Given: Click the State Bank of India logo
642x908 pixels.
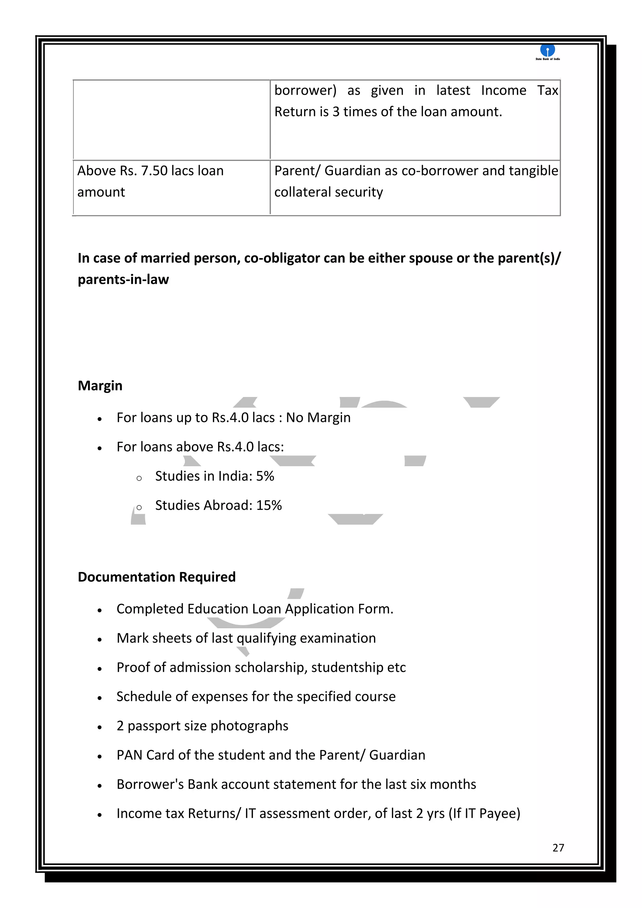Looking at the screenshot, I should pos(548,51).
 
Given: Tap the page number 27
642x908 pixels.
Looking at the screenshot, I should pos(558,847).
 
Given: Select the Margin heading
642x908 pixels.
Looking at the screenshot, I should pos(100,386).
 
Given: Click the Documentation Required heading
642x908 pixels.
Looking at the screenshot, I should pos(156,577).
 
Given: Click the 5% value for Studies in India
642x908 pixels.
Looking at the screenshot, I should pos(265,476).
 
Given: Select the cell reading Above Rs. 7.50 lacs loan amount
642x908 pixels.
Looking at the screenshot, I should pos(150,181).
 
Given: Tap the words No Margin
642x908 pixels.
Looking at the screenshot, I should pos(318,418).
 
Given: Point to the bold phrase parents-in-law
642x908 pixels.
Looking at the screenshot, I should pos(123,280).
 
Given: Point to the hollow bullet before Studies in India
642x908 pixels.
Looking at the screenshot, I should pos(139,478).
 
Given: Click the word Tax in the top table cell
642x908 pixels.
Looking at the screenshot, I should pos(547,91).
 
